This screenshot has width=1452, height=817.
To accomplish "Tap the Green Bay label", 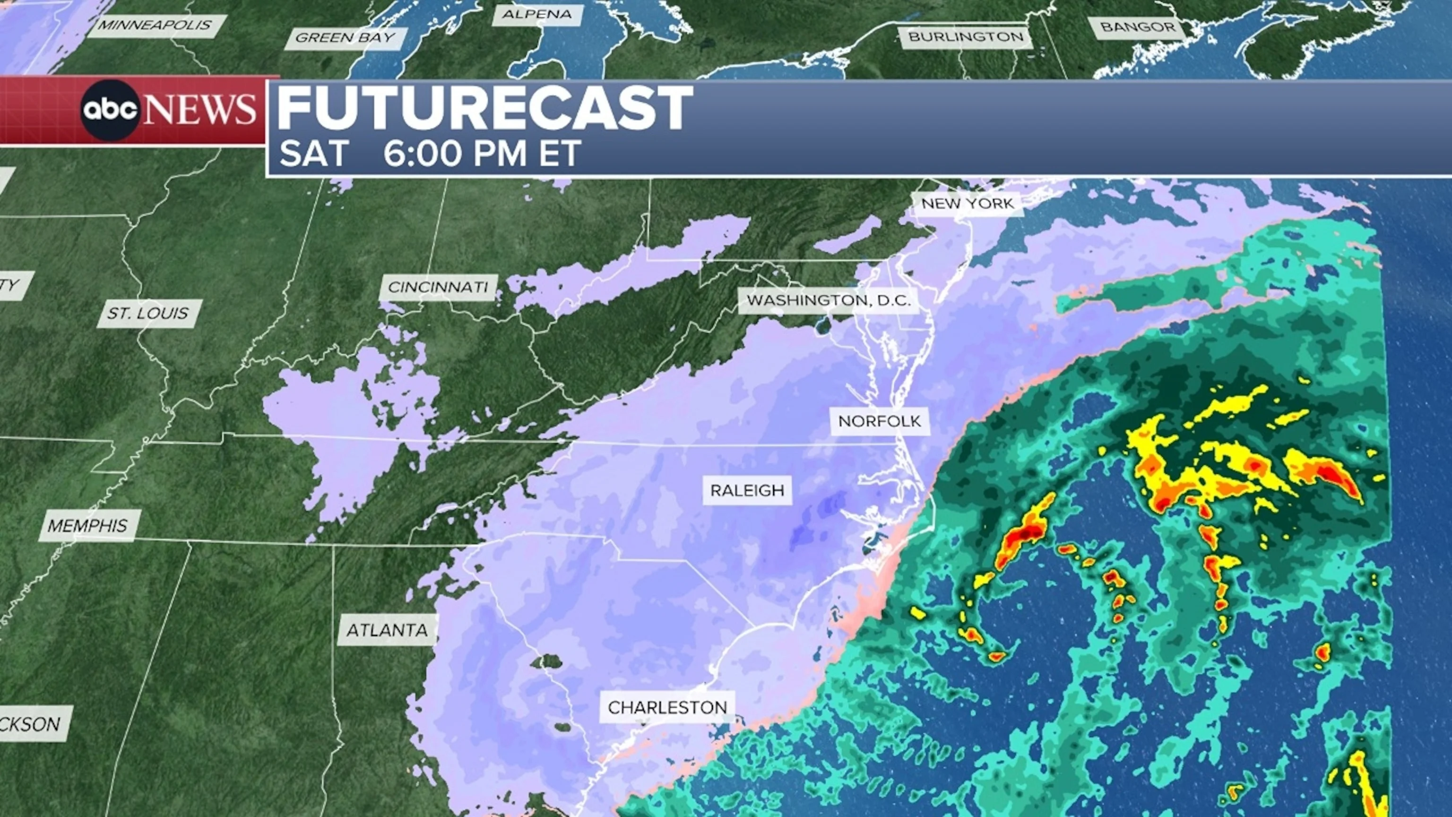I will click(345, 38).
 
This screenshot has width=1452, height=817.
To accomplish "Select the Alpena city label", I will click(536, 15).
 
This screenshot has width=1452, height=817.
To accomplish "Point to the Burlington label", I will click(966, 37).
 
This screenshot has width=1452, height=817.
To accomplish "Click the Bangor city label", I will click(1138, 27).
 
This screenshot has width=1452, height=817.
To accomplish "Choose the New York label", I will click(967, 204).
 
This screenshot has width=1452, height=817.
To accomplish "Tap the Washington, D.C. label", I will click(829, 301).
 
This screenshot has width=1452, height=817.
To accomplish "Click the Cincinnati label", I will click(438, 287).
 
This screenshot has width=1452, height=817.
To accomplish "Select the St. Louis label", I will click(148, 313).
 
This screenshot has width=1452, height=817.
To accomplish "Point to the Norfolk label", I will click(879, 421).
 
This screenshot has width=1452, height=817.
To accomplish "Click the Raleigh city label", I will click(747, 491).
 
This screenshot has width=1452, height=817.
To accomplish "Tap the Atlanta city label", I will click(387, 630).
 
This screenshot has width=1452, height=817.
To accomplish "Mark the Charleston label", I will click(667, 708).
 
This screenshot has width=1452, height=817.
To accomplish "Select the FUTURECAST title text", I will click(484, 108).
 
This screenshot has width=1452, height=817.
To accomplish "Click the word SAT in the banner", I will click(313, 153).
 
